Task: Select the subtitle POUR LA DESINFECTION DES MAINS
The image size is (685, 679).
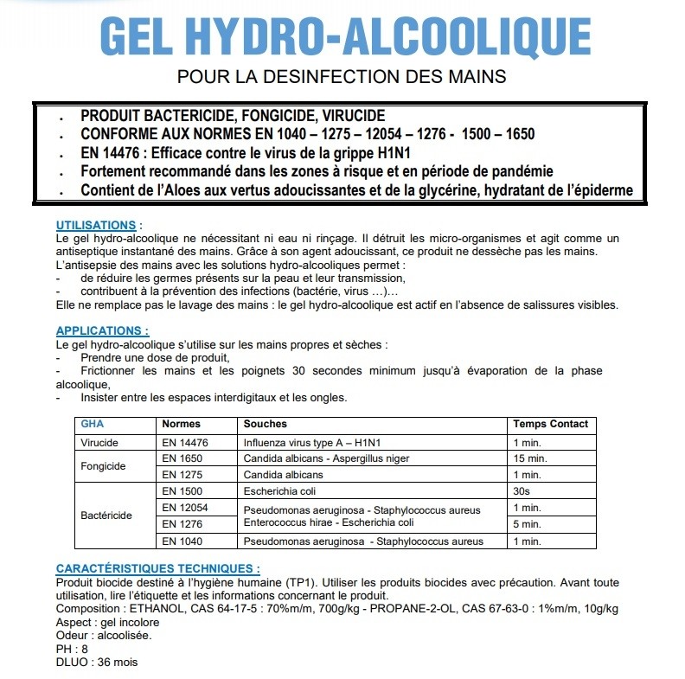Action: pos(342,77)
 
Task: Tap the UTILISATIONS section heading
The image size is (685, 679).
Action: pos(96,226)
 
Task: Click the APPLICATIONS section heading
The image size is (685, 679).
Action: pos(102,330)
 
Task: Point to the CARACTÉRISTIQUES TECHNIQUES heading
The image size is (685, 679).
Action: pos(157,569)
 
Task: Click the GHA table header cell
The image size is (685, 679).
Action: pos(92,425)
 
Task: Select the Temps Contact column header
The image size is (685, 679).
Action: pos(550,425)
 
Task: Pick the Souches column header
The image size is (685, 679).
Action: pos(265,425)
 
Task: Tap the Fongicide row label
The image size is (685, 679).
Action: pos(103,466)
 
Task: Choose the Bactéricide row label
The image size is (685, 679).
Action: pos(106,516)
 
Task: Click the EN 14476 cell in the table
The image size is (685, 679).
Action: pos(185,442)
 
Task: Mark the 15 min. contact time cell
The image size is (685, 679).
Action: pos(528,458)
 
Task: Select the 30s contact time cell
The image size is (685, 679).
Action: pos(522,490)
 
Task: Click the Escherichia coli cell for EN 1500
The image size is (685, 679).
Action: pos(278,490)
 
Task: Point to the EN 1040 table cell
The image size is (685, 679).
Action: pos(182,541)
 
